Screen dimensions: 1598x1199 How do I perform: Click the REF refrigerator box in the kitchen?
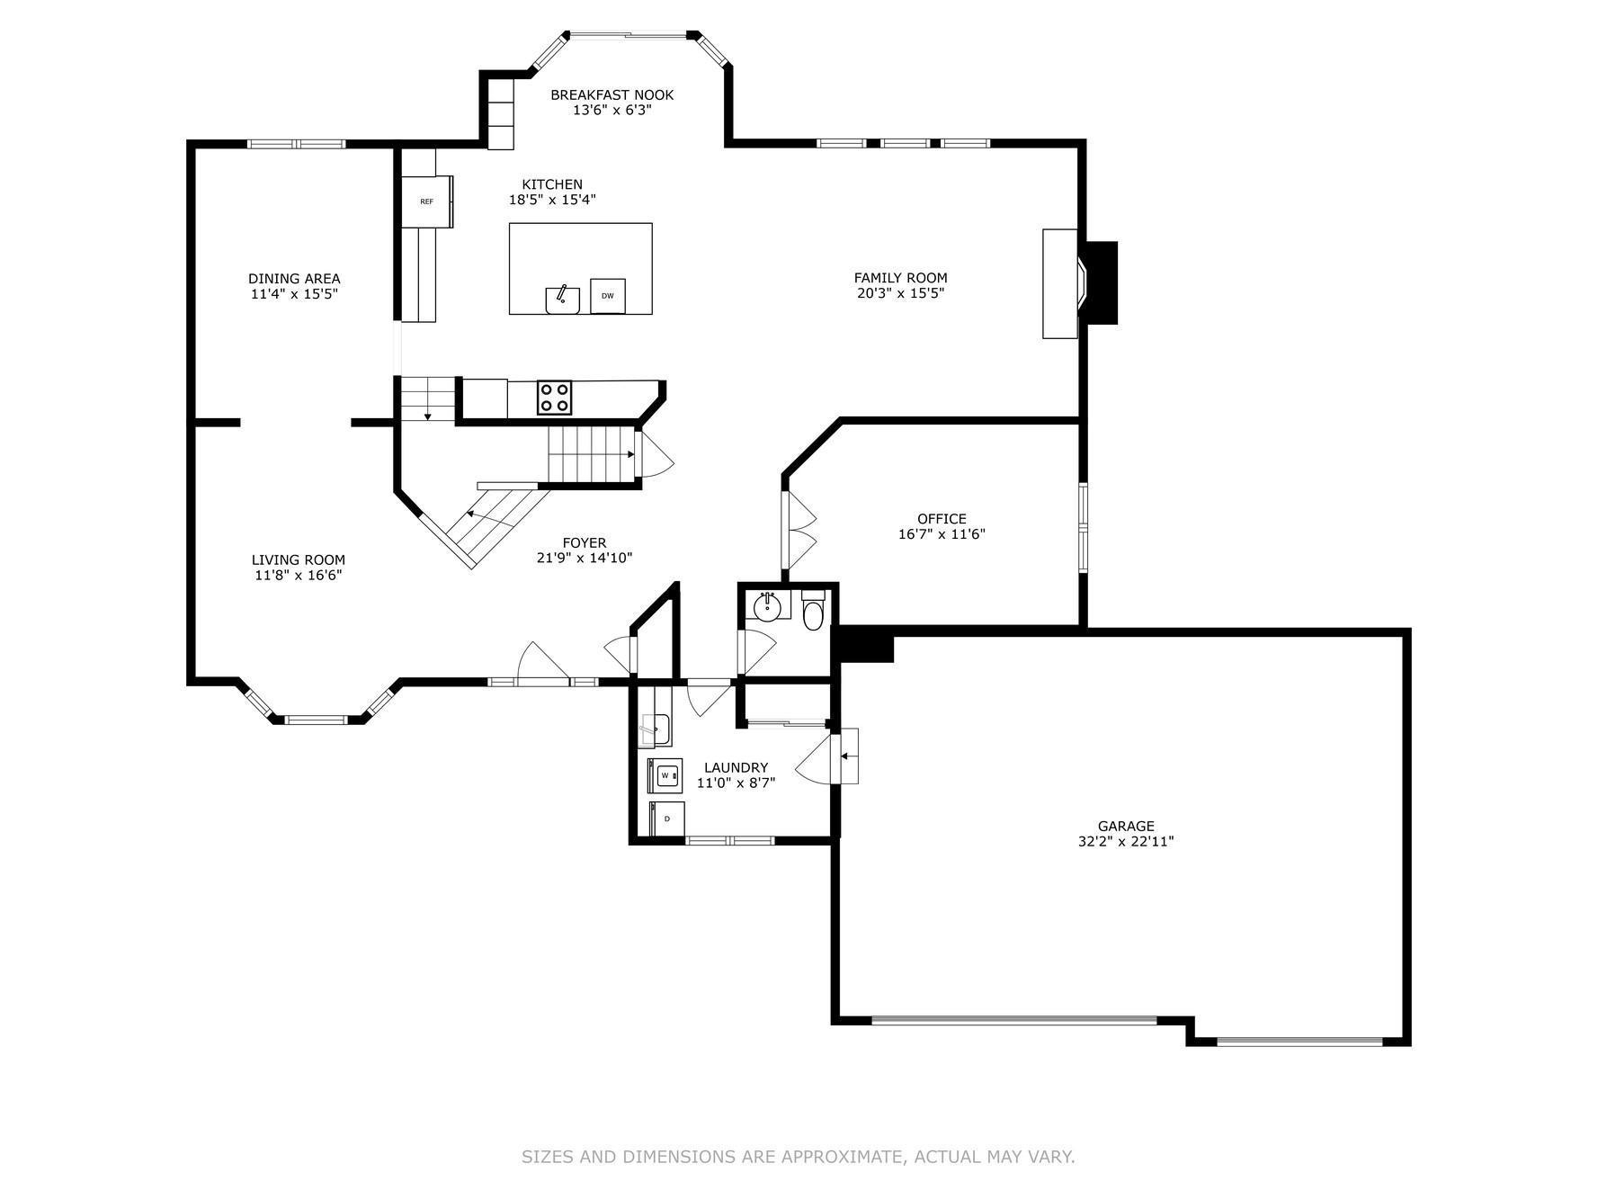[x=427, y=201]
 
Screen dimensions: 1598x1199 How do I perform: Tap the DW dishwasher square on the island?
[x=608, y=296]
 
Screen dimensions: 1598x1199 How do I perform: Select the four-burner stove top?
[x=554, y=398]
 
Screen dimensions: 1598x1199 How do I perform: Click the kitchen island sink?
[x=562, y=300]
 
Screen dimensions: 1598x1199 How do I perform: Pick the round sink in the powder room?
[x=766, y=606]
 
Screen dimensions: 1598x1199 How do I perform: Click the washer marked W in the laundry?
[x=665, y=775]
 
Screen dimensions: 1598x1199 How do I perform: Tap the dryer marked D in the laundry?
[x=666, y=819]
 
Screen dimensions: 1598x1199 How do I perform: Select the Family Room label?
[x=900, y=278]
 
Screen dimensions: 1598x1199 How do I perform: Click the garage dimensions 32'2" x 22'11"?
[x=1126, y=842]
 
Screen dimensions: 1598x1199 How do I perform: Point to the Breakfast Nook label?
[x=612, y=94]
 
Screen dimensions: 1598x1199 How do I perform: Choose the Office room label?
[x=942, y=518]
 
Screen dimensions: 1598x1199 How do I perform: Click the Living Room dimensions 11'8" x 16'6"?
[x=299, y=575]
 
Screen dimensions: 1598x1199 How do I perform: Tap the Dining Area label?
[x=294, y=279]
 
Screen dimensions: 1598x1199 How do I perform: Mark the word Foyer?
[x=585, y=542]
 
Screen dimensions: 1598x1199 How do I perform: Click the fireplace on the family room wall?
[x=1079, y=283]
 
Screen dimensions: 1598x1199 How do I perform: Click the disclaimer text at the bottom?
[x=799, y=1157]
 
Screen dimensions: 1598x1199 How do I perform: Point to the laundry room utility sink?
[x=656, y=729]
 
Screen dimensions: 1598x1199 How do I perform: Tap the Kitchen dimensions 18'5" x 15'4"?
[x=552, y=200]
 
